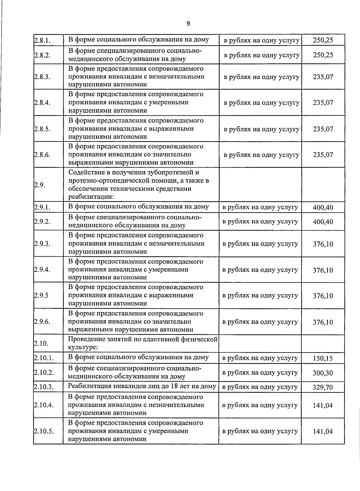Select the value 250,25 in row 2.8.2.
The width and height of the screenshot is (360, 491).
click(x=323, y=55)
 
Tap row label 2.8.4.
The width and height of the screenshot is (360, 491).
click(x=42, y=103)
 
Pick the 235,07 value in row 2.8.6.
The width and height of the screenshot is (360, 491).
click(x=323, y=155)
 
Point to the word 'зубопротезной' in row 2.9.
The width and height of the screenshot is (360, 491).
click(x=169, y=173)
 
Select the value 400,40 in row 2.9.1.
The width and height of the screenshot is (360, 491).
click(x=323, y=207)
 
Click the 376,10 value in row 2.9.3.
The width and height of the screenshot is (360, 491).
click(x=323, y=244)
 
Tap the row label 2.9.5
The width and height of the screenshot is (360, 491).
click(x=41, y=296)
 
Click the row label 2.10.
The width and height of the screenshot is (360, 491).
click(x=41, y=344)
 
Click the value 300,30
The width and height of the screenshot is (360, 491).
click(x=323, y=373)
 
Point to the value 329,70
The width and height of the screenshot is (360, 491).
click(x=323, y=387)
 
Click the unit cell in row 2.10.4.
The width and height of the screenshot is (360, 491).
click(x=260, y=405)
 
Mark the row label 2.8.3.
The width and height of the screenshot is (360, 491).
click(x=42, y=77)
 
